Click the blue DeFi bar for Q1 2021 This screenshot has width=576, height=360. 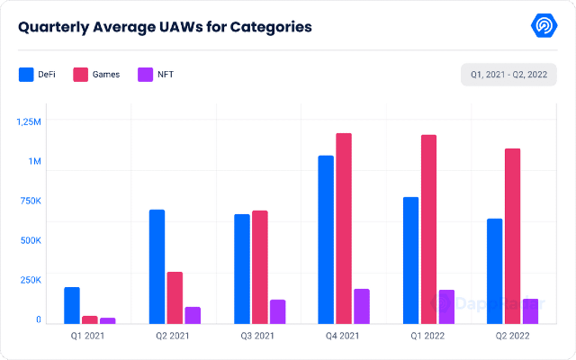72,305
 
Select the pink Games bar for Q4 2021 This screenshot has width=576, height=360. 344,229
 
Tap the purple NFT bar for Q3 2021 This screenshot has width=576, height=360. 277,311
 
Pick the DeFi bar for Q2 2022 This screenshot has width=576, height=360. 494,271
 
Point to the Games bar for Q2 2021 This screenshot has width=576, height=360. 175,297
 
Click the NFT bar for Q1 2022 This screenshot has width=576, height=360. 445,306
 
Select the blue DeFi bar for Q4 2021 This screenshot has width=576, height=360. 326,239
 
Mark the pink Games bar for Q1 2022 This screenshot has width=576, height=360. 428,229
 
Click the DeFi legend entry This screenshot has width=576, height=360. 39,74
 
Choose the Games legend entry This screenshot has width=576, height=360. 96,74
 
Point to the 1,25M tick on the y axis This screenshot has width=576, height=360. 30,121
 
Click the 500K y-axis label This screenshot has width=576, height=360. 30,240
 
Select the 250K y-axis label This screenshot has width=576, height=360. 30,280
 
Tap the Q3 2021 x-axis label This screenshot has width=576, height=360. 258,337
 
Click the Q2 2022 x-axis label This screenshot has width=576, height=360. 512,337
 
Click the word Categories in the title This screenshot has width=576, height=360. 269,26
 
